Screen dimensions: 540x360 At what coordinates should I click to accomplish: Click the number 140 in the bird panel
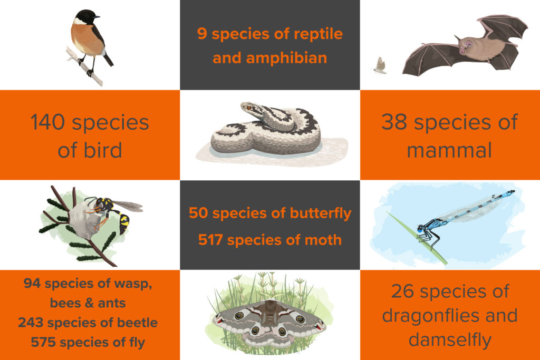[47, 122]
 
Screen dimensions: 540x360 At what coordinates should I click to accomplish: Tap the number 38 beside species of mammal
[394, 122]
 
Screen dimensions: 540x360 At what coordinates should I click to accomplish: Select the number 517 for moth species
[210, 240]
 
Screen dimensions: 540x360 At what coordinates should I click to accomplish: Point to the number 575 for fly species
[43, 342]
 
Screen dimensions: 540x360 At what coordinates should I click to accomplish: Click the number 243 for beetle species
[31, 323]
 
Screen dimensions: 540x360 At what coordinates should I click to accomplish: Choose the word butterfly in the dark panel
[321, 213]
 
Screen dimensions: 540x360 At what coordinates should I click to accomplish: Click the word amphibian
[269, 58]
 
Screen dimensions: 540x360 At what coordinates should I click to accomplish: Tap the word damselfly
[450, 340]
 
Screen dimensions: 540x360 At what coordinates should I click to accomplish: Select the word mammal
[449, 150]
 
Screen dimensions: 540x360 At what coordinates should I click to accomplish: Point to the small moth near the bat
[380, 65]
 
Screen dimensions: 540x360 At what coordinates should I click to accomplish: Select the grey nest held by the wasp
[83, 220]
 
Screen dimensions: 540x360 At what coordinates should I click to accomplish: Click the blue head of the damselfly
[421, 228]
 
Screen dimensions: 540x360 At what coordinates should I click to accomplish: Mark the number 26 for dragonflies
[402, 291]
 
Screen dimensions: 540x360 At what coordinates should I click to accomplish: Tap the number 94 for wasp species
[32, 283]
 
